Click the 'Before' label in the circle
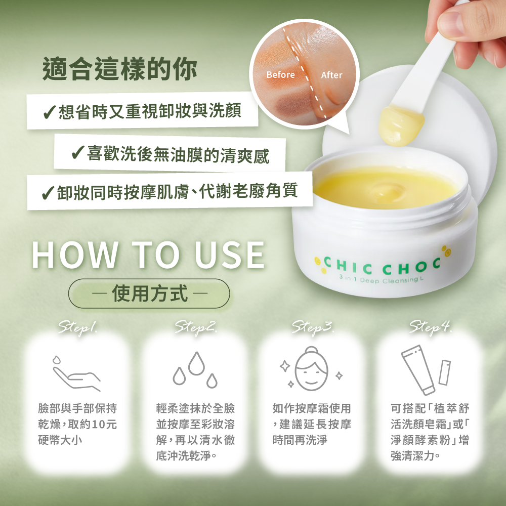coord(281,75)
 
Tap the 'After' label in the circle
coord(331,75)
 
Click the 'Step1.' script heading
coord(78,328)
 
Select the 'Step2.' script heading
coord(196,328)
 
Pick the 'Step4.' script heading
coord(431,328)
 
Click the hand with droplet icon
coord(76,374)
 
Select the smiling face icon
coord(311,369)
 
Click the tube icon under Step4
coord(418,370)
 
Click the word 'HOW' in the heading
coord(75,255)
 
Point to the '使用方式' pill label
coord(149,293)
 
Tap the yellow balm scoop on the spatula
coord(401,125)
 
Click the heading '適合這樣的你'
coord(120,68)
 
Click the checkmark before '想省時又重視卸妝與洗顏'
coord(50,112)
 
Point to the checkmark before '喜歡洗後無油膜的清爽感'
coord(78,153)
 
